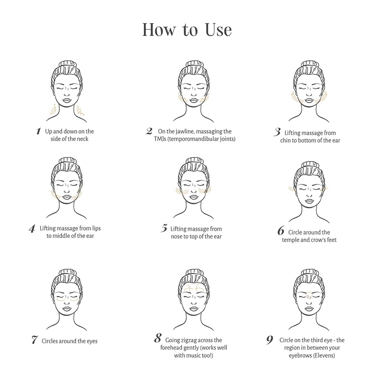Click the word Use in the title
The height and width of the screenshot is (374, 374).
point(218,30)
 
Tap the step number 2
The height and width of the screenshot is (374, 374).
point(149,131)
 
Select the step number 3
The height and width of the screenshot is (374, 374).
point(277,132)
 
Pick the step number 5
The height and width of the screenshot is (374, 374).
point(164,228)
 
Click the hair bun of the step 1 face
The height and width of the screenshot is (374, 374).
point(68,64)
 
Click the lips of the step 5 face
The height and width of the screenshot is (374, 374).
point(194,197)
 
